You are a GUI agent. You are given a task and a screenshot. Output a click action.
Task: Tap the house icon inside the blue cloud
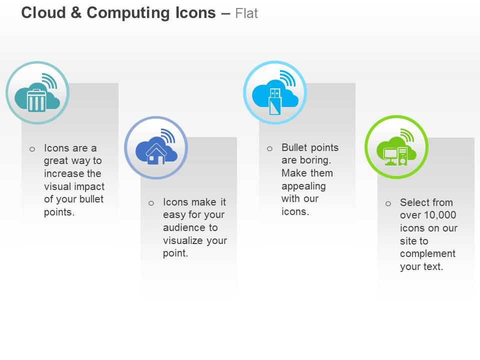(156, 153)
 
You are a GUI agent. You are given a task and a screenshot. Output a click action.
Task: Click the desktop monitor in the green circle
(390, 155)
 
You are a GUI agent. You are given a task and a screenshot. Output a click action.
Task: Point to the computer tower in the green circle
(403, 155)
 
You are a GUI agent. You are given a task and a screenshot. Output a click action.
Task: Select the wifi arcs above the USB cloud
(287, 78)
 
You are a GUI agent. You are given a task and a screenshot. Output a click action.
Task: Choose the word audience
(183, 227)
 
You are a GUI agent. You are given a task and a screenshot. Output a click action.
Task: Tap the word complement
(427, 253)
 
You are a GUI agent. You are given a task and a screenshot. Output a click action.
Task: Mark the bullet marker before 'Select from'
(388, 203)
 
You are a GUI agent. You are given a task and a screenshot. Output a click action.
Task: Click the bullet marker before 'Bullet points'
(269, 148)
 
